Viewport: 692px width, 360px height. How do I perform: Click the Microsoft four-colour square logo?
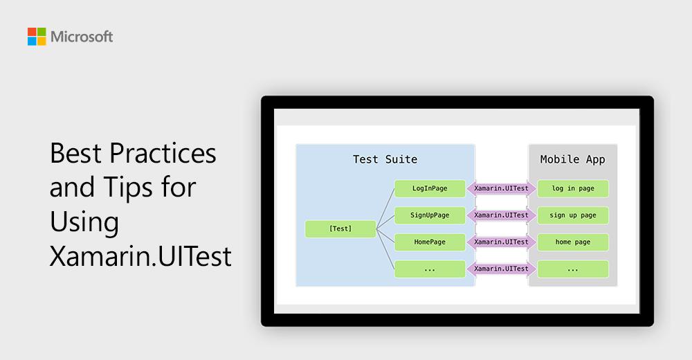(x=37, y=37)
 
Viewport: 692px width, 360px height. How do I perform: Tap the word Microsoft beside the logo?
(x=82, y=37)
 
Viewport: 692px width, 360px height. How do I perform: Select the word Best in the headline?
(x=73, y=153)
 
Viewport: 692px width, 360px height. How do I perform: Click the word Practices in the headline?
(x=162, y=153)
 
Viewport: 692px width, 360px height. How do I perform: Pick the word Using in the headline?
(x=84, y=222)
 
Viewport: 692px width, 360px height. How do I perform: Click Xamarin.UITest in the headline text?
(x=140, y=257)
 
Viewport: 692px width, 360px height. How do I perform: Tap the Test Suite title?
(x=385, y=159)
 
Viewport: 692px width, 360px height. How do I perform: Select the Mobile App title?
(x=572, y=159)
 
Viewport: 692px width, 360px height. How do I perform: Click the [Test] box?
(x=340, y=229)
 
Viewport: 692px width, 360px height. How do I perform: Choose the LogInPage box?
(x=430, y=188)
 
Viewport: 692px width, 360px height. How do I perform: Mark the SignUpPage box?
(x=430, y=215)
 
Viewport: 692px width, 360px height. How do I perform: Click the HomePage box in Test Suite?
(x=430, y=242)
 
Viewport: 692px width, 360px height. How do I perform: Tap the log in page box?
(x=573, y=188)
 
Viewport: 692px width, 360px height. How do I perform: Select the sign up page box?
(x=573, y=215)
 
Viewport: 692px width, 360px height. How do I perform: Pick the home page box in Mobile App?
(x=573, y=242)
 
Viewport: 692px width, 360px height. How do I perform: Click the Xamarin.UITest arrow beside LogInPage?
(x=501, y=188)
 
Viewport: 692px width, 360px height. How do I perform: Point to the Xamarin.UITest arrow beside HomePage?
(x=501, y=242)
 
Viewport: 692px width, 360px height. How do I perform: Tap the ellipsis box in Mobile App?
(x=573, y=269)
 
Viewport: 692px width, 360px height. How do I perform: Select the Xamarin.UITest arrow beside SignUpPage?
(x=501, y=215)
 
